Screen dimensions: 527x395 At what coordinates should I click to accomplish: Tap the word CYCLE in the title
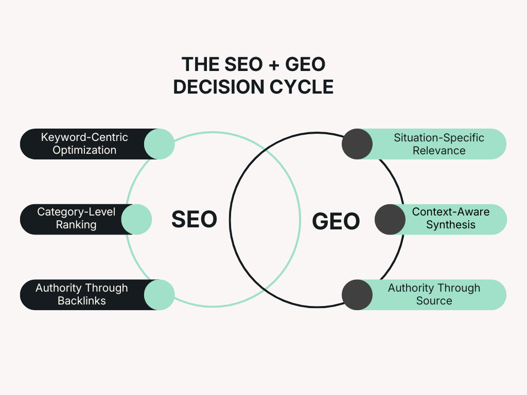point(302,87)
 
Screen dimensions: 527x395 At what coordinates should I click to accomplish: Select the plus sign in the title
point(274,64)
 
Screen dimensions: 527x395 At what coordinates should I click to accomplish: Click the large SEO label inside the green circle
point(194,219)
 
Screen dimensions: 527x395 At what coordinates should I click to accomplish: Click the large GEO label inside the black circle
point(336,221)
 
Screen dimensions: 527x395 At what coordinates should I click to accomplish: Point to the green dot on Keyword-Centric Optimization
point(160,144)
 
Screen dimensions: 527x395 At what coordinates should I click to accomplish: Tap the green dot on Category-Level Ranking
point(136,219)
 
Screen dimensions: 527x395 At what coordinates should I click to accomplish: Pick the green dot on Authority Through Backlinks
point(160,295)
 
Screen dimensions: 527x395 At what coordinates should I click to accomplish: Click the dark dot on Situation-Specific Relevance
point(357,144)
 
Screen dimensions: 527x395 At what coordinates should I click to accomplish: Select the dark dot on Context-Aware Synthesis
point(390,219)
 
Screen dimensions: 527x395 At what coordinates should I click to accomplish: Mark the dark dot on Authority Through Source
point(357,295)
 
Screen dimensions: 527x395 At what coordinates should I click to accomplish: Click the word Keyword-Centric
point(84,137)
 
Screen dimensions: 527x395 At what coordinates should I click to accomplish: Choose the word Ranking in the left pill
point(76,224)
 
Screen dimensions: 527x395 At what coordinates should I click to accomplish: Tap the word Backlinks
point(82,300)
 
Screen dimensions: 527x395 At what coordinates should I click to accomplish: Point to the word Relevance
point(439,151)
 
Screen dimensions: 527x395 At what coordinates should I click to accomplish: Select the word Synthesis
point(451,224)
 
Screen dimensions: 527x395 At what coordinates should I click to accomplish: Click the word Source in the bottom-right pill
point(434,300)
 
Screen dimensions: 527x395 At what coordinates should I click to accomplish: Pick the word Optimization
point(84,150)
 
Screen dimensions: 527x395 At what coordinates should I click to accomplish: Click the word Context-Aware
point(451,211)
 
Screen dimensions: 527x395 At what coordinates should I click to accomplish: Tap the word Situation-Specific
point(439,138)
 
